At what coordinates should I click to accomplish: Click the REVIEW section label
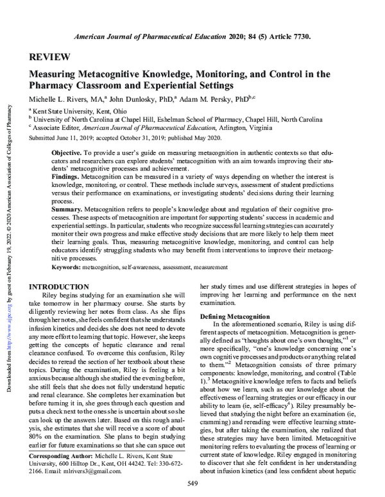coord(48,57)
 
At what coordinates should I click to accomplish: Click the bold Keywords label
coord(68,266)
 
